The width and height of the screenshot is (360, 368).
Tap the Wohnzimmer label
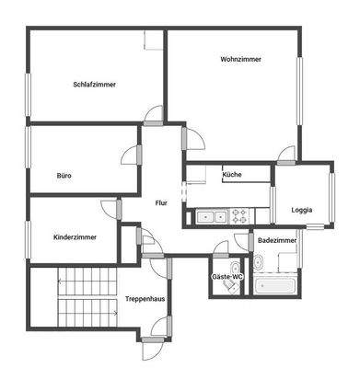click(240, 59)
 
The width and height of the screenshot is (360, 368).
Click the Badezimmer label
click(277, 240)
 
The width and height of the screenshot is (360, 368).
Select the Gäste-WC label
click(227, 276)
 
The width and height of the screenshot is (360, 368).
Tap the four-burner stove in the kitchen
click(239, 217)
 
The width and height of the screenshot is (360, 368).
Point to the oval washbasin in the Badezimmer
click(259, 264)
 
